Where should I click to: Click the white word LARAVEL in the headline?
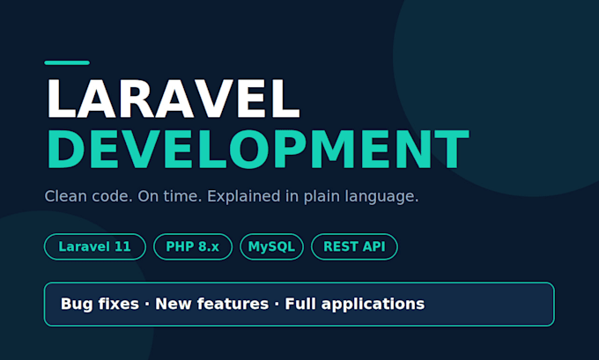point(173,99)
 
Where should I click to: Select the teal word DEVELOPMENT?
point(258,150)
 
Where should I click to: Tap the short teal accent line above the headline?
point(67,63)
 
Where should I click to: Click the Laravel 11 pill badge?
point(95,246)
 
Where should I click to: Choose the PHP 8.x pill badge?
point(193,246)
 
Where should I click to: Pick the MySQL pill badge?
point(271,246)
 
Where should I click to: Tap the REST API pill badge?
point(354,246)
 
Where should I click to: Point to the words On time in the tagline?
point(170,196)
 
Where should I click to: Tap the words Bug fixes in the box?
point(100,304)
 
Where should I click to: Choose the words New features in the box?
point(212,304)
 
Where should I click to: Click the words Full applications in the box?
point(355,305)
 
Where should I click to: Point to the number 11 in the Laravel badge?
point(122,246)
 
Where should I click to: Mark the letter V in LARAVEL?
point(212,99)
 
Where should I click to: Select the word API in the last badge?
point(373,246)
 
